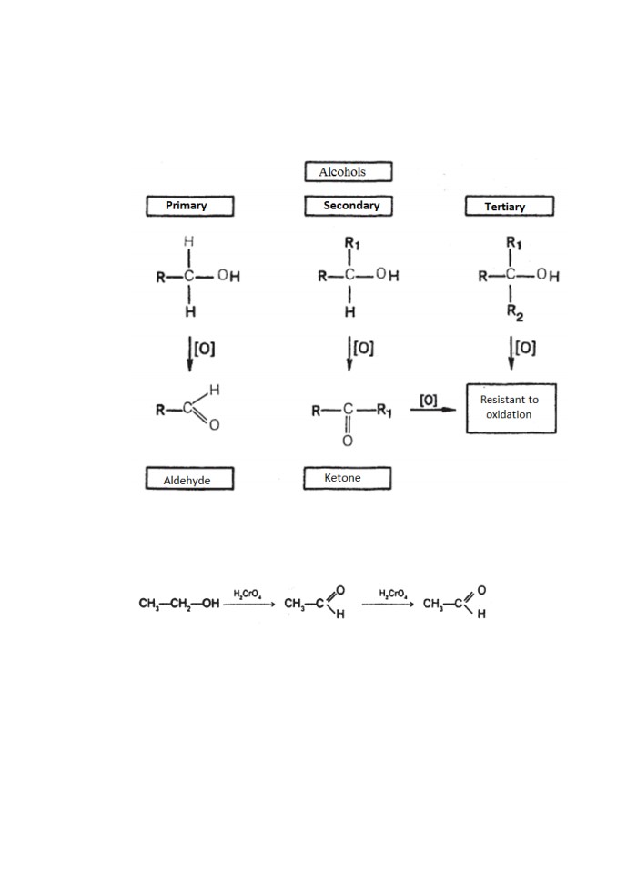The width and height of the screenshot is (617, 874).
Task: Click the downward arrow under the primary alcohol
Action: [190, 353]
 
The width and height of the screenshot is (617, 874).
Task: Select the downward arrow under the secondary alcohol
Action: [349, 353]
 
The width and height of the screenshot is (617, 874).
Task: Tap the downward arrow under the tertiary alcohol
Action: [511, 352]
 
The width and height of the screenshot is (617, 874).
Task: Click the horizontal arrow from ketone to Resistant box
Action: [433, 410]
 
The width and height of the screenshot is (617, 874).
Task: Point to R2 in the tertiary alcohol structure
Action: [515, 312]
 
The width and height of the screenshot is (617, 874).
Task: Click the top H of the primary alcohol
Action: [189, 241]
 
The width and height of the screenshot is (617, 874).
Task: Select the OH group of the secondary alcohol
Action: [388, 274]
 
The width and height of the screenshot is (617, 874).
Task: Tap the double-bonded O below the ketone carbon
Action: [348, 441]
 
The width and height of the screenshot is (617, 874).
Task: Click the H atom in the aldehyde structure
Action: [215, 390]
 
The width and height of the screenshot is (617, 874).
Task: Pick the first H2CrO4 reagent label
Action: [248, 594]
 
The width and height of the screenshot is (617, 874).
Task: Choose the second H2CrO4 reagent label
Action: [393, 594]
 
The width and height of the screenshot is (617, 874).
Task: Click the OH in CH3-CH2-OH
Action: [211, 604]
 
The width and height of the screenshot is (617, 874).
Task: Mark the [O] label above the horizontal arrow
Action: [428, 400]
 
